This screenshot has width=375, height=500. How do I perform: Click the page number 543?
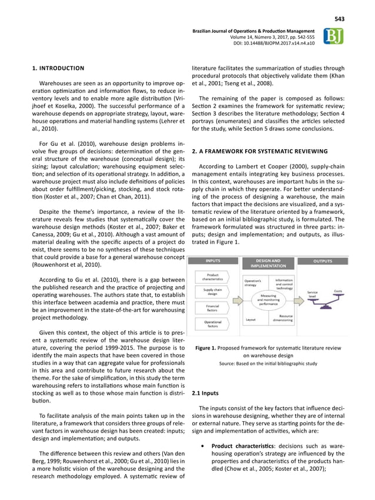pyautogui.click(x=339, y=19)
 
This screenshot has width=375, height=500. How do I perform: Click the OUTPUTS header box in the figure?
pyautogui.click(x=323, y=261)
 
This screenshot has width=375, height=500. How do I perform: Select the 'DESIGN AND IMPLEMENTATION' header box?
pyautogui.click(x=268, y=264)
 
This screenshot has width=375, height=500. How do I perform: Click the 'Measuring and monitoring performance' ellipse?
pyautogui.click(x=268, y=300)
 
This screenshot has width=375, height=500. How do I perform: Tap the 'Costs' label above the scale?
pyautogui.click(x=338, y=291)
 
